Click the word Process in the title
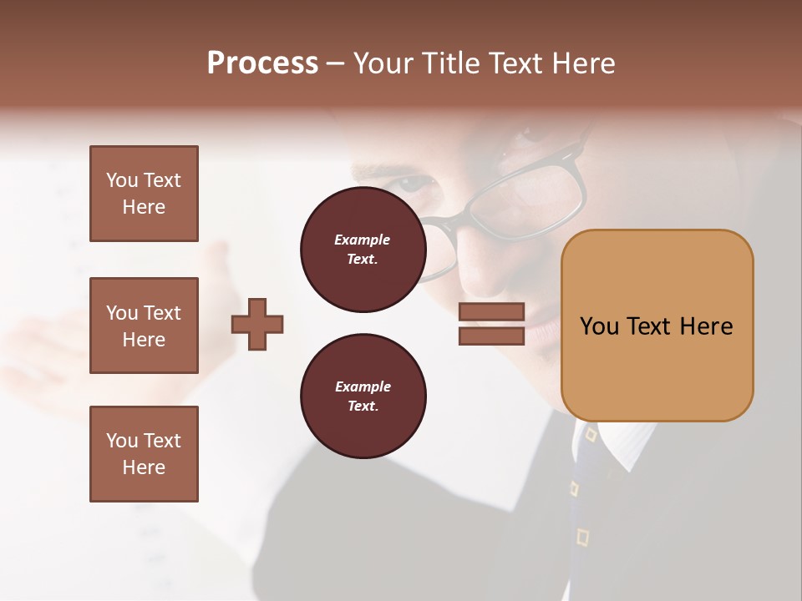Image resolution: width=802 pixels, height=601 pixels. pos(262,63)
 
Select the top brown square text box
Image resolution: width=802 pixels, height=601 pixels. pos(144,194)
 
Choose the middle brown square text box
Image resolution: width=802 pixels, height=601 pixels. pos(144,326)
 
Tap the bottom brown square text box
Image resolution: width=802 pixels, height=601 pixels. pos(144,453)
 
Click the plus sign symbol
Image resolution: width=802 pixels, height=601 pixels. pos(257,324)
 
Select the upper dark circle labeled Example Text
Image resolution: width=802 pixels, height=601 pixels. pos(363,250)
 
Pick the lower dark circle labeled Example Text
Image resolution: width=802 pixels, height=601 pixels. pos(363,396)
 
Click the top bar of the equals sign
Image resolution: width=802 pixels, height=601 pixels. pos(491,311)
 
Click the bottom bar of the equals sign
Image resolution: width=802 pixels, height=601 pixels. pos(491,336)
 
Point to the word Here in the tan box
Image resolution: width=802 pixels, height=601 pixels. pos(706,326)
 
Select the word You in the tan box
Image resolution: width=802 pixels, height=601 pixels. pos(600,326)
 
